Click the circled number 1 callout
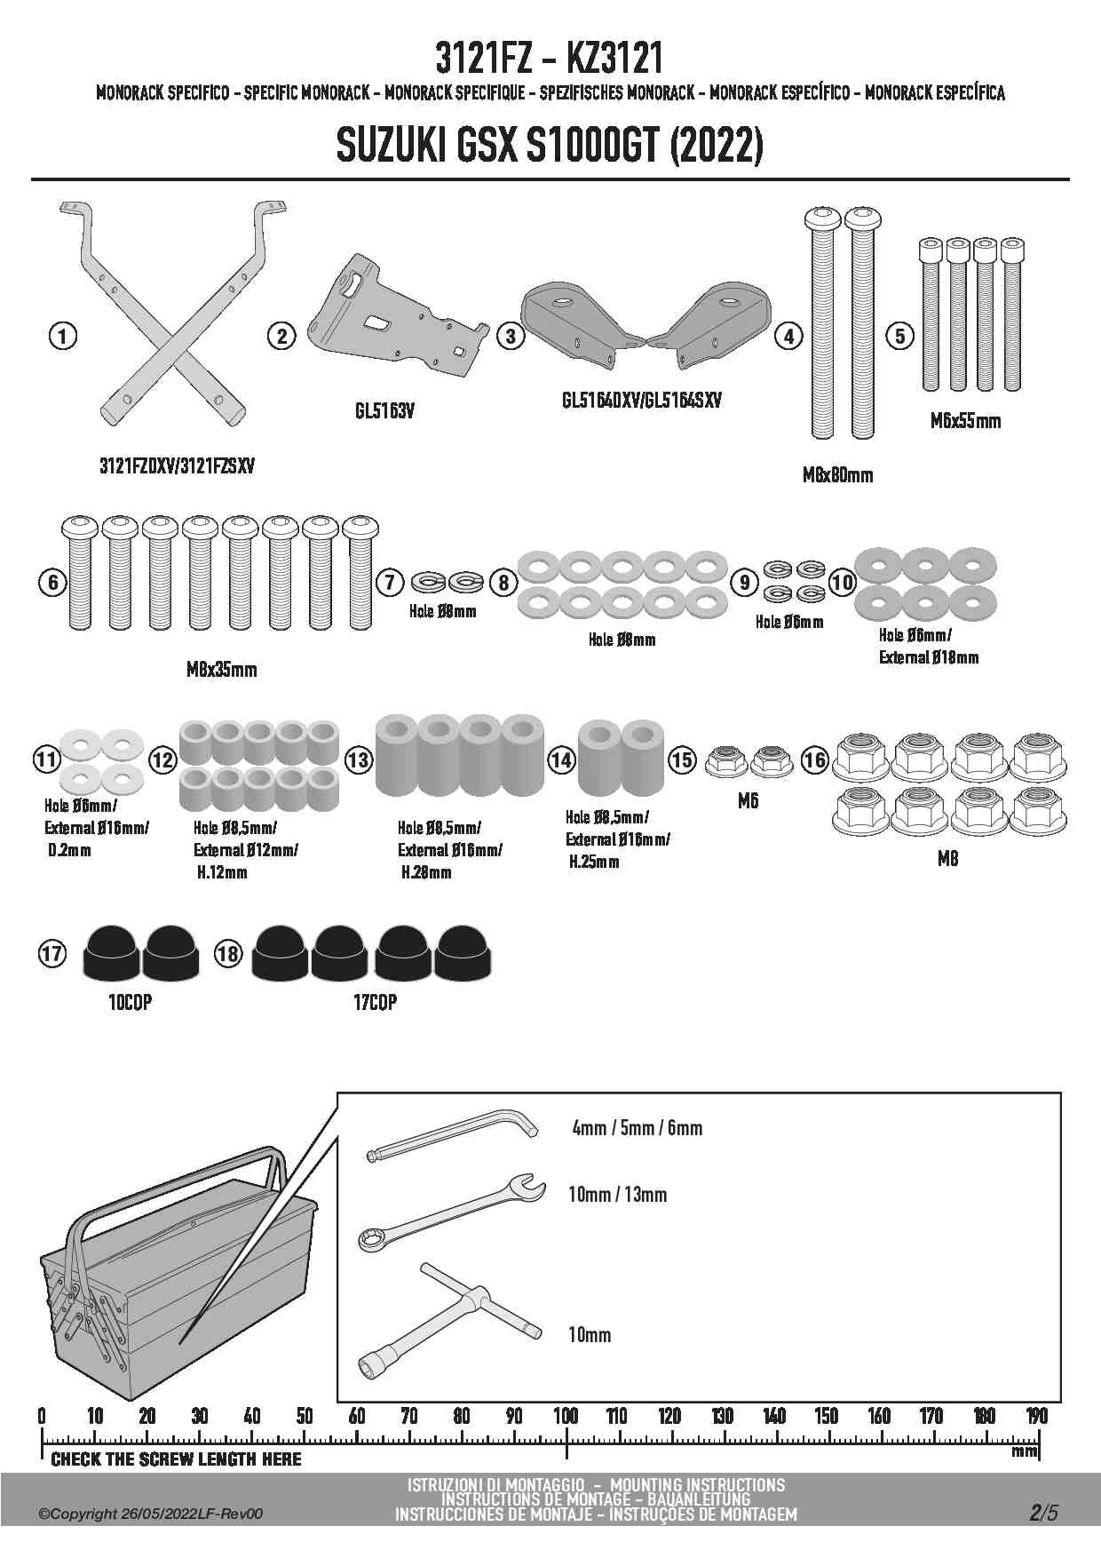pos(61,336)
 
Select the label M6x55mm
pos(965,421)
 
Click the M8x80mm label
pos(837,475)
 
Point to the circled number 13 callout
pos(358,760)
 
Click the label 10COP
pos(130,1002)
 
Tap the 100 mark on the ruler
pos(566,1416)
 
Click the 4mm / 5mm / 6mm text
pos(637,1128)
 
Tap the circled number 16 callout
pos(814,759)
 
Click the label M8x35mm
pos(221,670)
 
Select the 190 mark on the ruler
pos(1036,1416)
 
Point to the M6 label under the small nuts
pos(748,801)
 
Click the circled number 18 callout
pos(228,954)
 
